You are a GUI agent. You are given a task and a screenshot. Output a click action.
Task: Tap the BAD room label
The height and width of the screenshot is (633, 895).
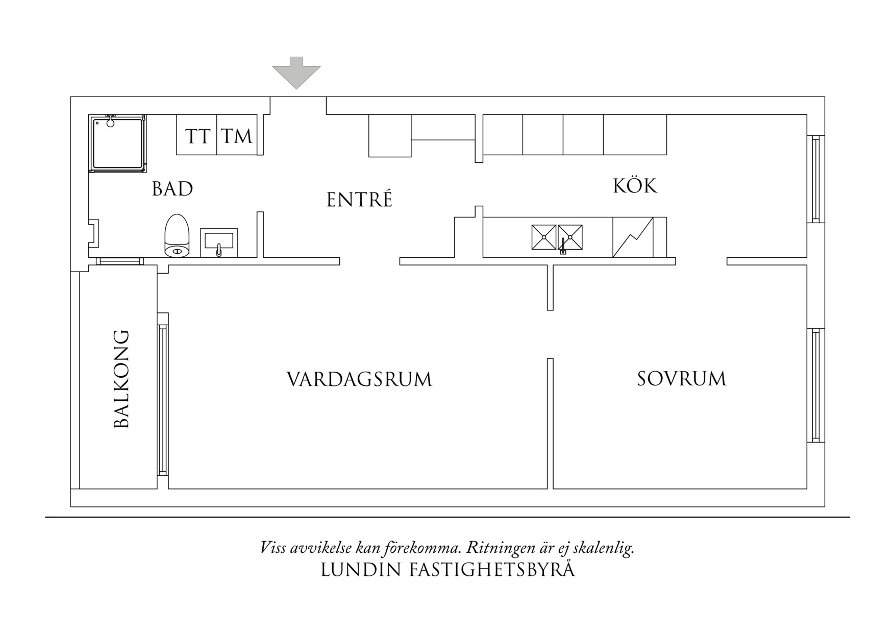click(x=172, y=189)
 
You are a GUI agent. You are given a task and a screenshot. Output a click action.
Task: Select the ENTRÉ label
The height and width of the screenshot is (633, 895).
click(x=359, y=200)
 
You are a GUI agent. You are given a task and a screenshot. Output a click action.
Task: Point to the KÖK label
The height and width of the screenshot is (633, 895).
click(x=635, y=186)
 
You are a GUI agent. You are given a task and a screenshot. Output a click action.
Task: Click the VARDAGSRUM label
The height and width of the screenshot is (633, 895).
click(x=359, y=380)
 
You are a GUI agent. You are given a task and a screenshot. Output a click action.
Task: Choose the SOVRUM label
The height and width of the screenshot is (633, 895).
click(x=681, y=379)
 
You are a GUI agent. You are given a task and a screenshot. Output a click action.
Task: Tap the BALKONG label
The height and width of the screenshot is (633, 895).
click(x=121, y=379)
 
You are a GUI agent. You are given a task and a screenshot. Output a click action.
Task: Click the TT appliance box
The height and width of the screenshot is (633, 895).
click(x=197, y=135)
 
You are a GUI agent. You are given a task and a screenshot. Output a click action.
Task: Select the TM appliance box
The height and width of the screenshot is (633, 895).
click(x=237, y=135)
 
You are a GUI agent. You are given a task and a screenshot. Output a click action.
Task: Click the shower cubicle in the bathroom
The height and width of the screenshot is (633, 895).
click(x=117, y=143)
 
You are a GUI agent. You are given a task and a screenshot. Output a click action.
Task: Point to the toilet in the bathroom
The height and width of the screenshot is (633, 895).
click(x=177, y=235)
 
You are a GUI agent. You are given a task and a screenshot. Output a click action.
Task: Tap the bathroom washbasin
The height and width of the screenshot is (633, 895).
click(x=219, y=241)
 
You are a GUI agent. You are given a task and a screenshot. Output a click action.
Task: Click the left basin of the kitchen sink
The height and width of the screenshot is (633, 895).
click(x=544, y=237)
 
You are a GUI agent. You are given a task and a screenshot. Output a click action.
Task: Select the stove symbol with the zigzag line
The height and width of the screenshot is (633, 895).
click(x=633, y=237)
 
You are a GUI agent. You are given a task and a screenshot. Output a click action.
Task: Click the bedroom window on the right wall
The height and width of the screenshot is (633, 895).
click(x=815, y=385)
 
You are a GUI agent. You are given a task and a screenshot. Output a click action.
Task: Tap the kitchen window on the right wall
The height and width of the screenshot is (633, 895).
click(x=815, y=179)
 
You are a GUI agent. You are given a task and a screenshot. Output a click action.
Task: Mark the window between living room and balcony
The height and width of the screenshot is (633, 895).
click(x=163, y=394)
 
